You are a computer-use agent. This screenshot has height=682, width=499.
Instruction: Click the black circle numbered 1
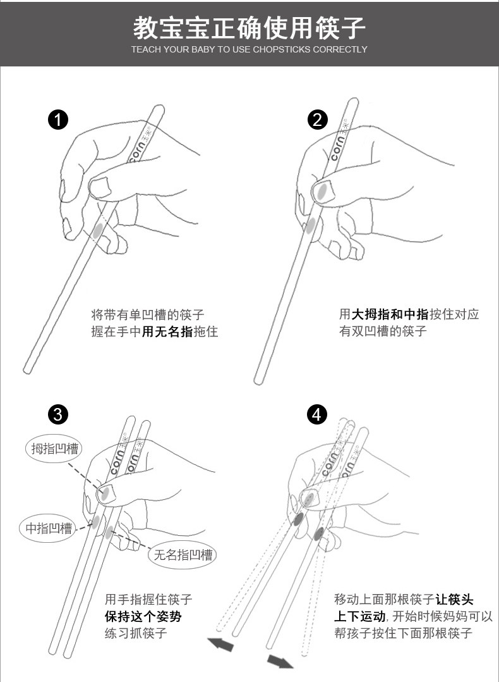pos(57,119)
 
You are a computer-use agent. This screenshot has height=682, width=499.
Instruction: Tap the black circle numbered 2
pos(317,119)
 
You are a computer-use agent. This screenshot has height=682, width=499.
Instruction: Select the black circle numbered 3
pos(57,414)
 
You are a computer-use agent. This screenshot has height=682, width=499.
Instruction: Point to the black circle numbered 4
pos(316,414)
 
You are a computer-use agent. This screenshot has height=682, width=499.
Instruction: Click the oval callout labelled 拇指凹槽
pos(54,449)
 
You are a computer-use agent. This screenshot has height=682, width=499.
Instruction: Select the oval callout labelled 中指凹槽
pos(48,528)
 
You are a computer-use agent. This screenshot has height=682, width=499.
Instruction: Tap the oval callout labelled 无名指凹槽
pos(182,555)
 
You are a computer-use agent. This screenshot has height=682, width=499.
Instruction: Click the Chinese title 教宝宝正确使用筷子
pos(249,27)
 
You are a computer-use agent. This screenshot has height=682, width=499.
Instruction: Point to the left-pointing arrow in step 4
pos(220,643)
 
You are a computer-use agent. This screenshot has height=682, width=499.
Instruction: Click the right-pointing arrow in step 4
pos(280,662)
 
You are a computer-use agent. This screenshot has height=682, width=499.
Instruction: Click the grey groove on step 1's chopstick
pos(97,229)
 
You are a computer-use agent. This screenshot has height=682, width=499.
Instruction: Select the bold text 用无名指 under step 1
pos(167,332)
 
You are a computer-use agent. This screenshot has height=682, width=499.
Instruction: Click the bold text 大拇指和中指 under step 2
pos(390,314)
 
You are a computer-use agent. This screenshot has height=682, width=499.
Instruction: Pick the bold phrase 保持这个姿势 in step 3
pos(143,616)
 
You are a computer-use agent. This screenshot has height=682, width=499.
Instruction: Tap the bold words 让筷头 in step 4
pos(454,599)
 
